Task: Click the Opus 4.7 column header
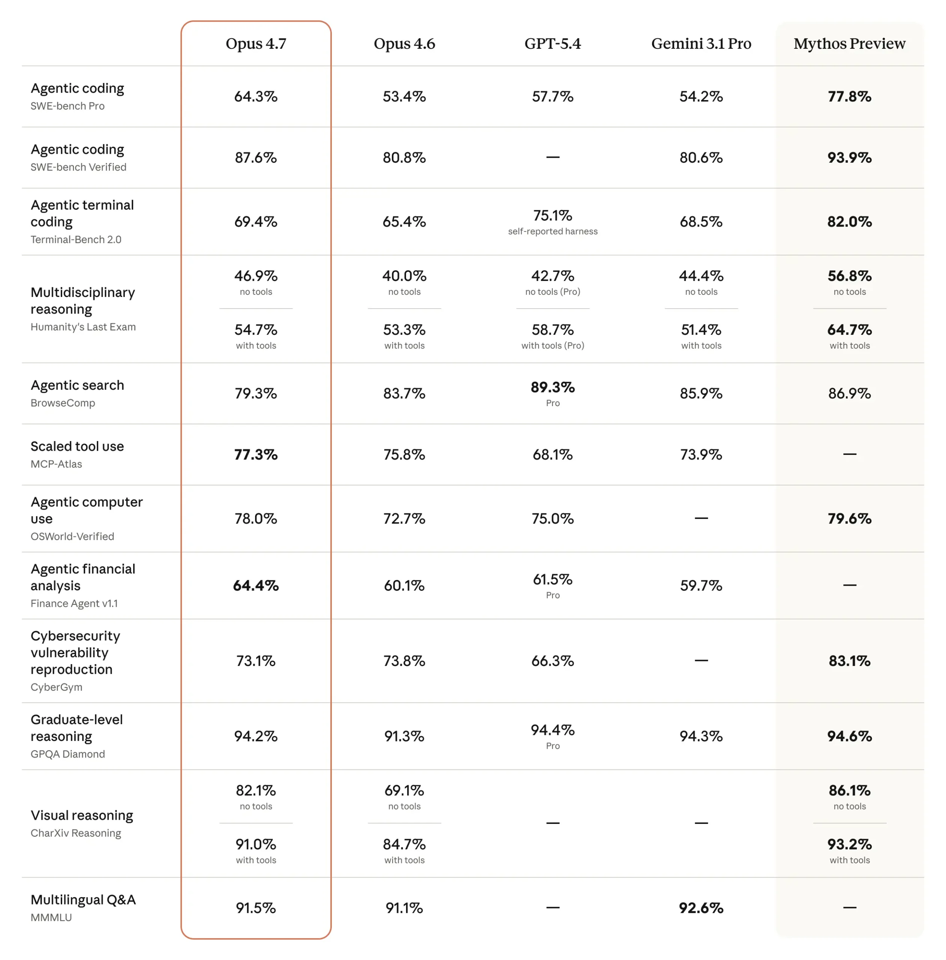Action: (256, 44)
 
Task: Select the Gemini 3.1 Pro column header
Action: (701, 44)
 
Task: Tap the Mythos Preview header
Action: (849, 44)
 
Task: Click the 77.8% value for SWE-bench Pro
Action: (849, 96)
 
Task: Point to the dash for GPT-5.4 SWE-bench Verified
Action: (553, 157)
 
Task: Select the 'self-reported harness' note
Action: (553, 231)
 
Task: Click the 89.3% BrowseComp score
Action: (553, 387)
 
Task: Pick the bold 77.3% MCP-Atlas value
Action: (256, 454)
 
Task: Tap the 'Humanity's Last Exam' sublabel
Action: (83, 327)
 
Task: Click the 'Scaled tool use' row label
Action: (77, 446)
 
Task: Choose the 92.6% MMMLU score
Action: (701, 908)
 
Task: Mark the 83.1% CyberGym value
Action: (849, 661)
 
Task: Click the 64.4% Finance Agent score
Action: (256, 585)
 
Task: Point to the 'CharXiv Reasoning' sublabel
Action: (75, 833)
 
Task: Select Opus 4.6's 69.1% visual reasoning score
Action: (404, 790)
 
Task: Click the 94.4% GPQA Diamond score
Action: (553, 730)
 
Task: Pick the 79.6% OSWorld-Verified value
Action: (849, 518)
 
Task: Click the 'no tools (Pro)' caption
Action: (553, 292)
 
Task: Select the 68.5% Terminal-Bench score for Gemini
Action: (701, 222)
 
